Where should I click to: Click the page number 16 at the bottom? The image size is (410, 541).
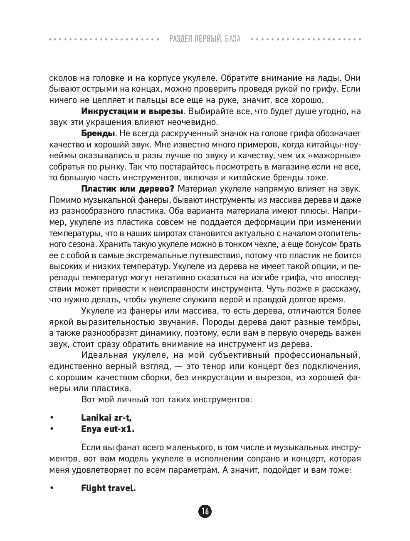205,511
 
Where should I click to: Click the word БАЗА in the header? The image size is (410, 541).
232,39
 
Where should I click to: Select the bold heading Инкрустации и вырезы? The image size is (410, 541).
132,111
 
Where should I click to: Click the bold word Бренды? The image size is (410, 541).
98,133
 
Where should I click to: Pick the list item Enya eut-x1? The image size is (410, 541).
108,429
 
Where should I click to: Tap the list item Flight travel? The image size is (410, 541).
108,488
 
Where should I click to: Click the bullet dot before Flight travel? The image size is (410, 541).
52,488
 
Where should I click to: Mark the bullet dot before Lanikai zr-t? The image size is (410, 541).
52,418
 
